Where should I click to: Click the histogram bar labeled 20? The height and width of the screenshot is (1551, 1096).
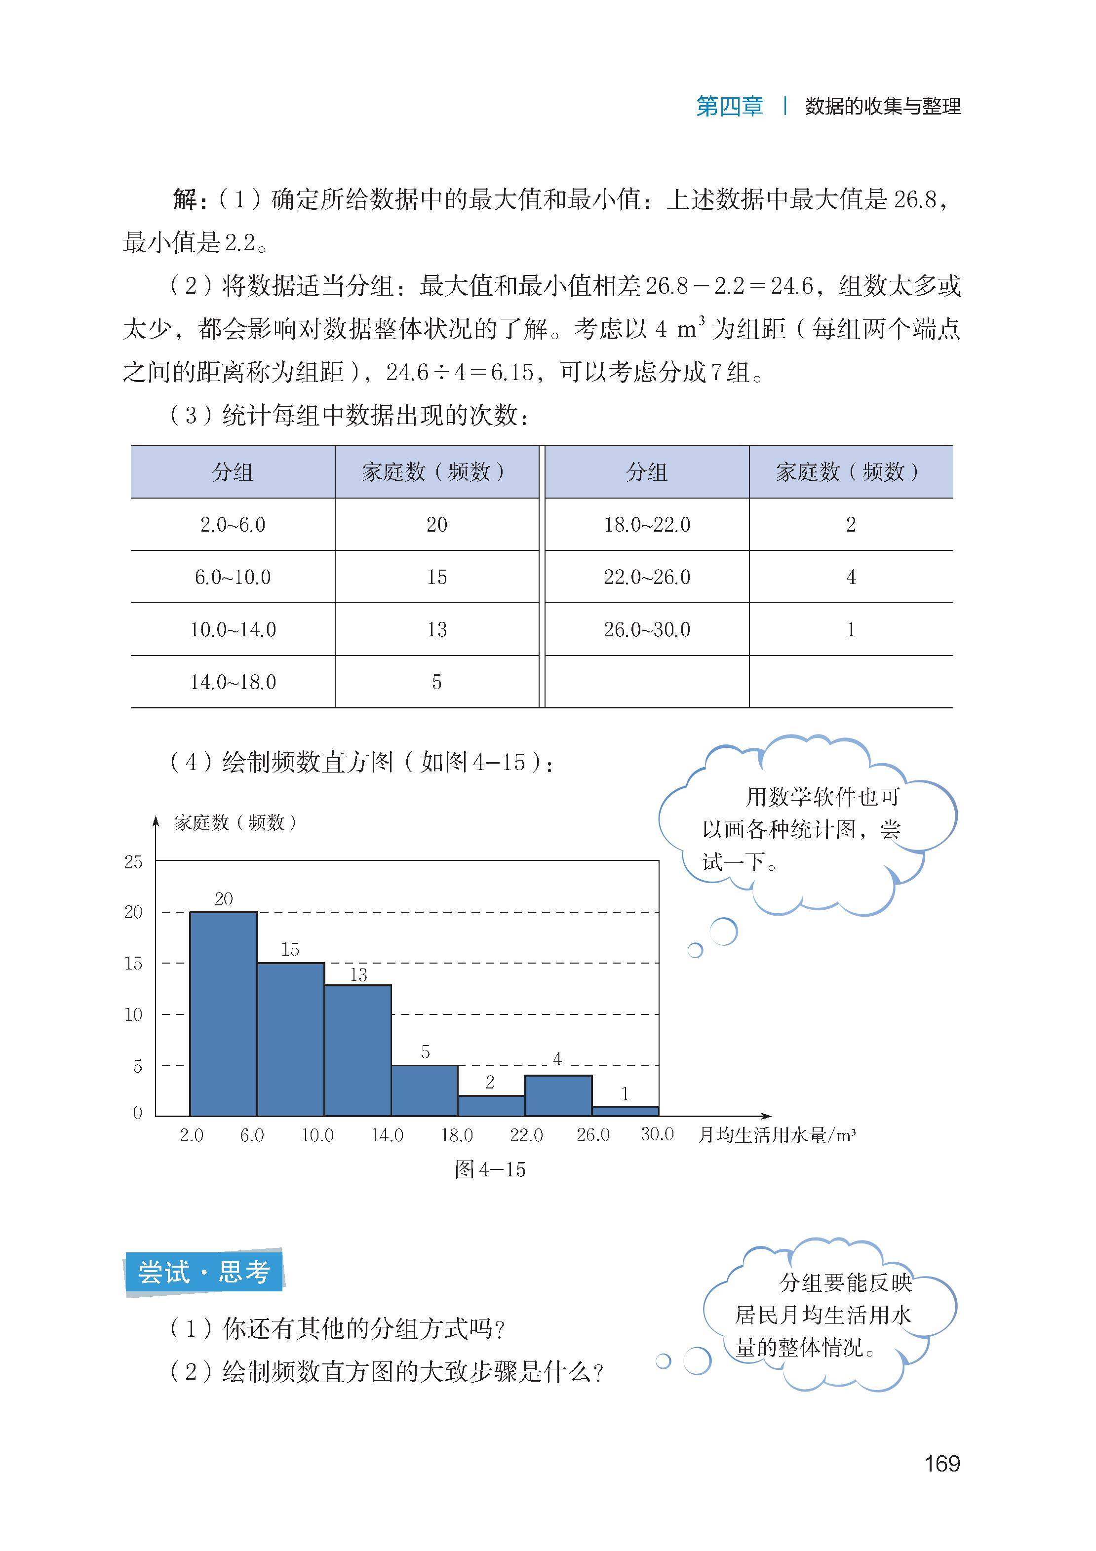click(x=223, y=1013)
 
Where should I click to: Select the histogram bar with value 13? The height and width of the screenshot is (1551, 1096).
click(x=357, y=1050)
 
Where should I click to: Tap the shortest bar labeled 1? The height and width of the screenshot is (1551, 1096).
click(x=625, y=1111)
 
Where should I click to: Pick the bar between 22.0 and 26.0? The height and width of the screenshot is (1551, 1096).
click(x=558, y=1095)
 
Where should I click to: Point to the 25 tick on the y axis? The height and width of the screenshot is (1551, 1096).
click(x=133, y=862)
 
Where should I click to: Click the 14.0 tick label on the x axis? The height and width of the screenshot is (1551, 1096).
click(x=387, y=1135)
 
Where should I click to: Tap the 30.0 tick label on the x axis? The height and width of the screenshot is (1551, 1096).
click(x=657, y=1134)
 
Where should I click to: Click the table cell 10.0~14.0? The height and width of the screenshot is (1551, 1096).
click(x=233, y=629)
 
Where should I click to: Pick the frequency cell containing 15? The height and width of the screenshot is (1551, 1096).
click(x=436, y=577)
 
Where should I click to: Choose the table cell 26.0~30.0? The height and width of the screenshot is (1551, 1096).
click(x=647, y=629)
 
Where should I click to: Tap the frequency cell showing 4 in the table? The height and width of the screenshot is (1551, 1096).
click(x=851, y=577)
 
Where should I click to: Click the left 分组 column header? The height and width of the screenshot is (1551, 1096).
click(x=233, y=471)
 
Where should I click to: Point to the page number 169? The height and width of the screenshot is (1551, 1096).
click(x=941, y=1463)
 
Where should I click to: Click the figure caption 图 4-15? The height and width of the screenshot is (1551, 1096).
click(x=490, y=1170)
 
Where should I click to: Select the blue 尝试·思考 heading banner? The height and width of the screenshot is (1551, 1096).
click(x=203, y=1273)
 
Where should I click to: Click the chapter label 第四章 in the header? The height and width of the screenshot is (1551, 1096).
click(x=729, y=107)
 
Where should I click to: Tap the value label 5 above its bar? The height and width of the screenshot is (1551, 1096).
click(x=425, y=1052)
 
